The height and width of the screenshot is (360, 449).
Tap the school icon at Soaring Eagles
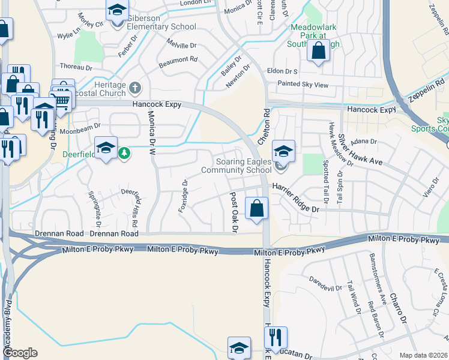[284, 151]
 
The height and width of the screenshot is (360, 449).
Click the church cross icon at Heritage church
[135, 88]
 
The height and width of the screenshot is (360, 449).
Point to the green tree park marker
[124, 152]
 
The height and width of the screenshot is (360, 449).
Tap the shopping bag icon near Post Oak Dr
[256, 209]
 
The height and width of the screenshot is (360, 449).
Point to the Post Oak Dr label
[234, 212]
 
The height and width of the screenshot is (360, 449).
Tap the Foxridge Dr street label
[182, 196]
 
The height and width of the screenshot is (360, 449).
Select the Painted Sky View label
[303, 85]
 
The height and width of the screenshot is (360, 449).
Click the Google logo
[20, 353]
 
